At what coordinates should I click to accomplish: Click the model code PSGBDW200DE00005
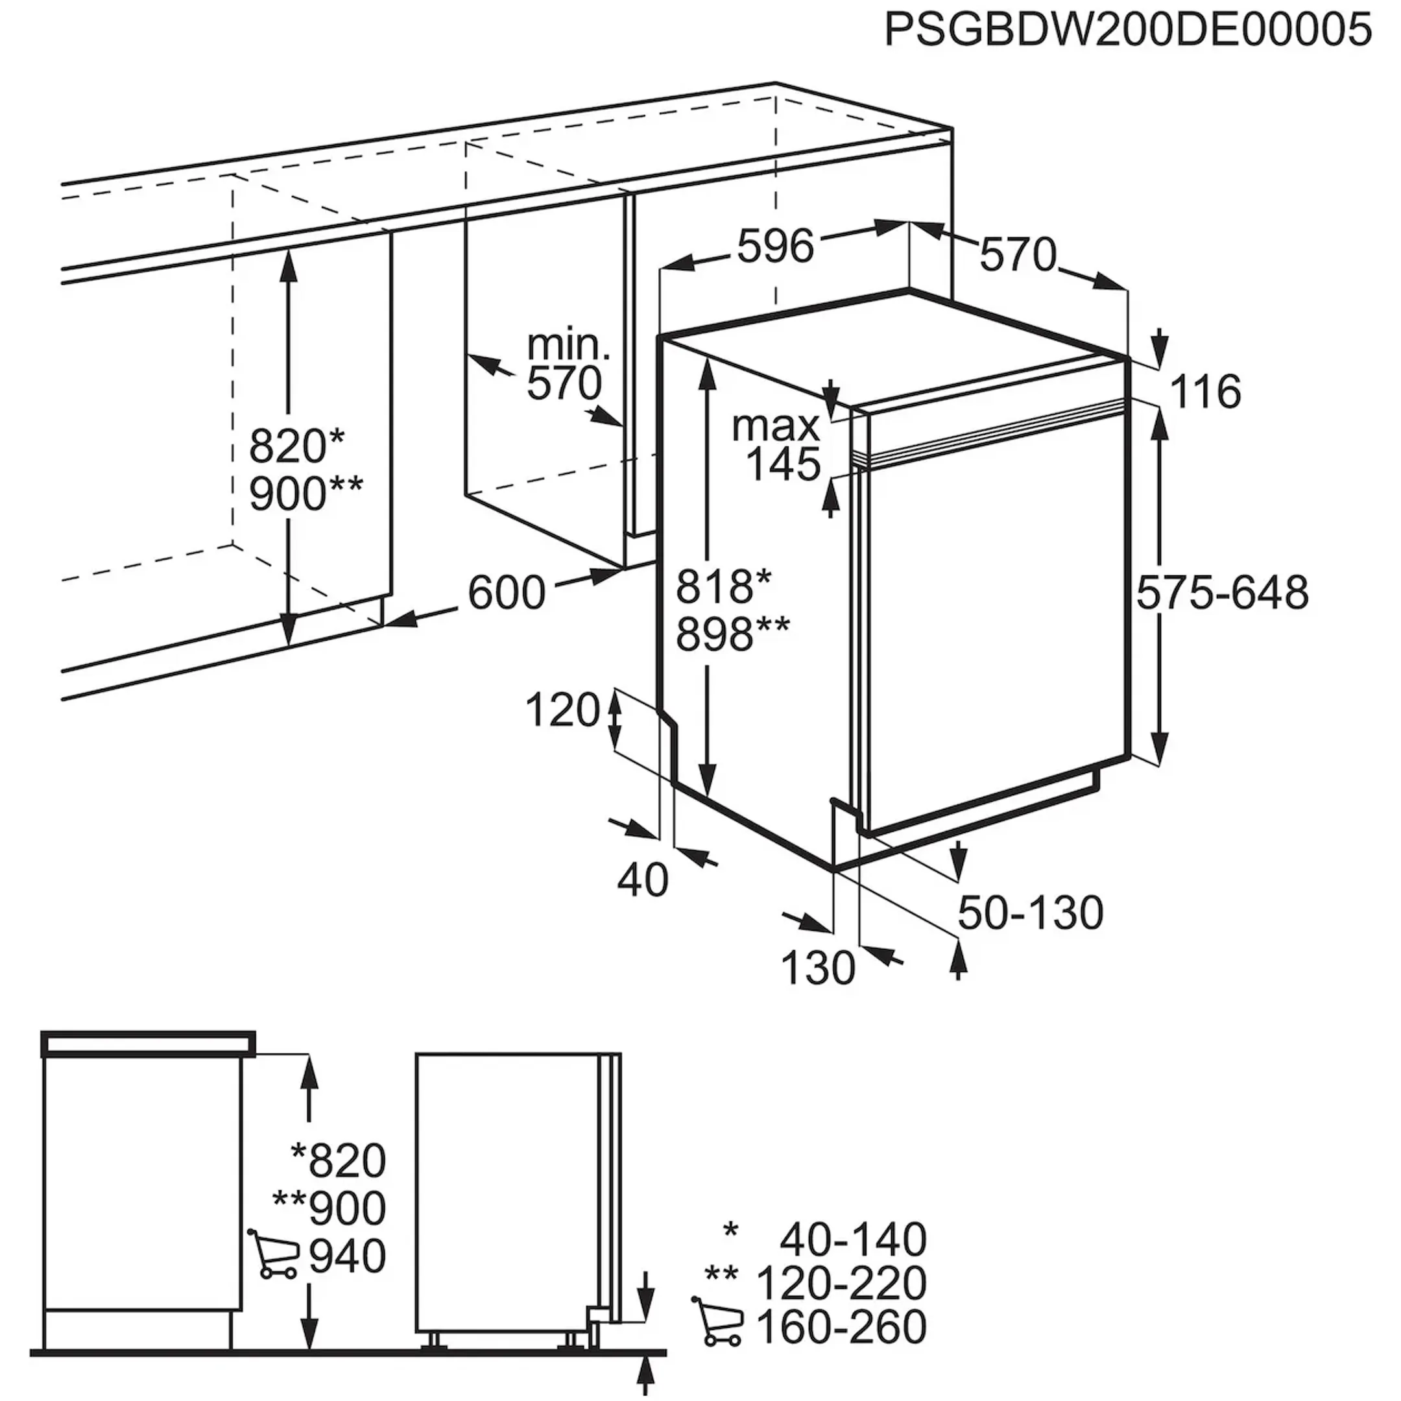point(1129,31)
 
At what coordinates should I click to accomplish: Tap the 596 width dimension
point(776,246)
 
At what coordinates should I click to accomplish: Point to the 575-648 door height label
point(1223,592)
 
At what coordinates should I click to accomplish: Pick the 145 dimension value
point(783,465)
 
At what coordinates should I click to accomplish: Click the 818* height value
point(724,586)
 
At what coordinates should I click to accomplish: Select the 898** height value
point(732,634)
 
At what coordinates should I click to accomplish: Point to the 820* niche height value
point(297,446)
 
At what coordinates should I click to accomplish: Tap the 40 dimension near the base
point(643,881)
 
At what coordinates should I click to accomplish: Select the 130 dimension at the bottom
point(818,967)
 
